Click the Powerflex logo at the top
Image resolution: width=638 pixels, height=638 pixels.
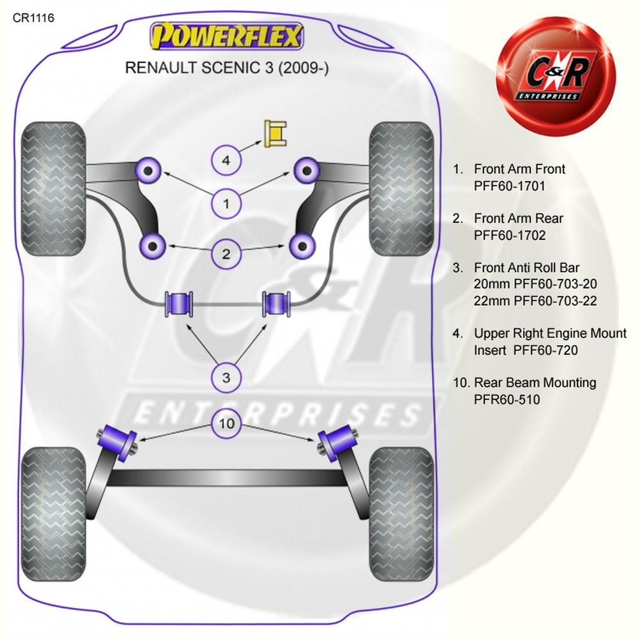[x=225, y=37]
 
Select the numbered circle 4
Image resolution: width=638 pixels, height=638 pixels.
[x=226, y=161]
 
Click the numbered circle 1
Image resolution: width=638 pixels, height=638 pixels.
[x=226, y=204]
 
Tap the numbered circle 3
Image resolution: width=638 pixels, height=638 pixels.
[x=226, y=378]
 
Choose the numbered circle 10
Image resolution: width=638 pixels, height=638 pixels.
[x=226, y=423]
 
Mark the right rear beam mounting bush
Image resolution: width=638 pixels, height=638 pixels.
[x=336, y=440]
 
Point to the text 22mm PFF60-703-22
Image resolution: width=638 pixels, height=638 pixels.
[x=535, y=300]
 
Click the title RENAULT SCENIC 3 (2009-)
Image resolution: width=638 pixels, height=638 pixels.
[x=226, y=68]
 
